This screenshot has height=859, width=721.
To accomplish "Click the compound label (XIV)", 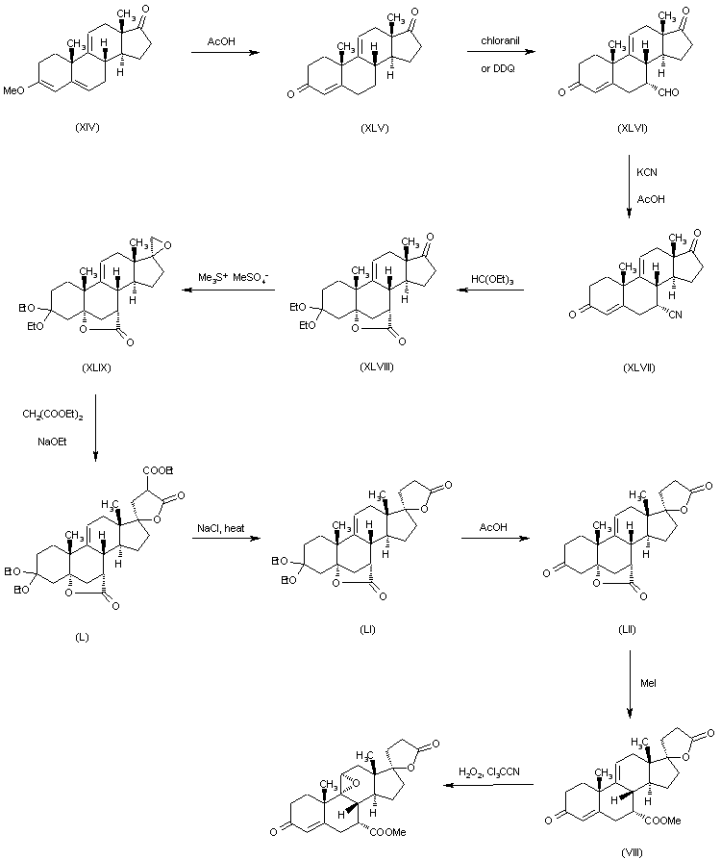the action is pyautogui.click(x=87, y=127).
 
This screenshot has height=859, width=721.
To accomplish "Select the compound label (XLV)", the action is pyautogui.click(x=375, y=128).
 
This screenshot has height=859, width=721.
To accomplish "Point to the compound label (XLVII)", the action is pyautogui.click(x=639, y=367).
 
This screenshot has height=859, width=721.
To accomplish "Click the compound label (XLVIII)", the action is pyautogui.click(x=377, y=366).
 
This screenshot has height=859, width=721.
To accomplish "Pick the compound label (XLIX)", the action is pyautogui.click(x=96, y=367).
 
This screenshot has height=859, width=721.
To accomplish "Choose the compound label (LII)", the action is pyautogui.click(x=627, y=629).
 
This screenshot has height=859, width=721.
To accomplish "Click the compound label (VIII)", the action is pyautogui.click(x=632, y=852).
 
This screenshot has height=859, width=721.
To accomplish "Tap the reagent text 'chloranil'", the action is pyautogui.click(x=501, y=40).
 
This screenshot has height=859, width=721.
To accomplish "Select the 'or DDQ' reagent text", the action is pyautogui.click(x=498, y=68).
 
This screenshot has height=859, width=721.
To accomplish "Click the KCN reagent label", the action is pyautogui.click(x=647, y=172).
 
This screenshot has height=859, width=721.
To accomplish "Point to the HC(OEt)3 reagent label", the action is pyautogui.click(x=492, y=280).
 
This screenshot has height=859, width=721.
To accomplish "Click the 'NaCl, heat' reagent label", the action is pyautogui.click(x=220, y=528).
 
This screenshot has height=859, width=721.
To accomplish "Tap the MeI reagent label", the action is pyautogui.click(x=648, y=683).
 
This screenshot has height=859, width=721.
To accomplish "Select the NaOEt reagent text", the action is pyautogui.click(x=52, y=442).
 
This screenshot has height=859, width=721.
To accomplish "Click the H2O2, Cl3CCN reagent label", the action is pyautogui.click(x=489, y=772).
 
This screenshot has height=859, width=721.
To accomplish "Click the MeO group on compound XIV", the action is pyautogui.click(x=13, y=91).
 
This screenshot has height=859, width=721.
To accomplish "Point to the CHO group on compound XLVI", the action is pyautogui.click(x=668, y=92).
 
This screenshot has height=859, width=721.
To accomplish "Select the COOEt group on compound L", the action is pyautogui.click(x=158, y=470).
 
